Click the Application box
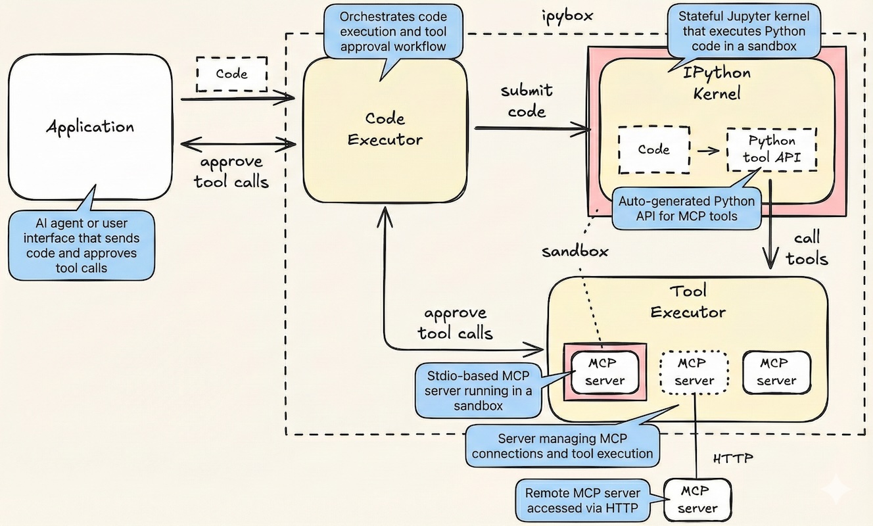click(x=89, y=127)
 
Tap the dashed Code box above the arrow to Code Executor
click(x=231, y=74)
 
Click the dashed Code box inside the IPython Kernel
click(x=653, y=149)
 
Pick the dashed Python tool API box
click(x=772, y=149)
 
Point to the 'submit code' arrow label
click(x=527, y=101)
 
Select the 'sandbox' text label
click(x=575, y=251)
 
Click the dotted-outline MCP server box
click(x=694, y=371)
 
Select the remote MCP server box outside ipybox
click(x=697, y=499)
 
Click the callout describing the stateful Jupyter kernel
click(x=744, y=31)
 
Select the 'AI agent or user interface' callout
click(x=82, y=245)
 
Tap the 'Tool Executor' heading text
click(x=688, y=300)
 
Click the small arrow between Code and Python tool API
click(x=708, y=151)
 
